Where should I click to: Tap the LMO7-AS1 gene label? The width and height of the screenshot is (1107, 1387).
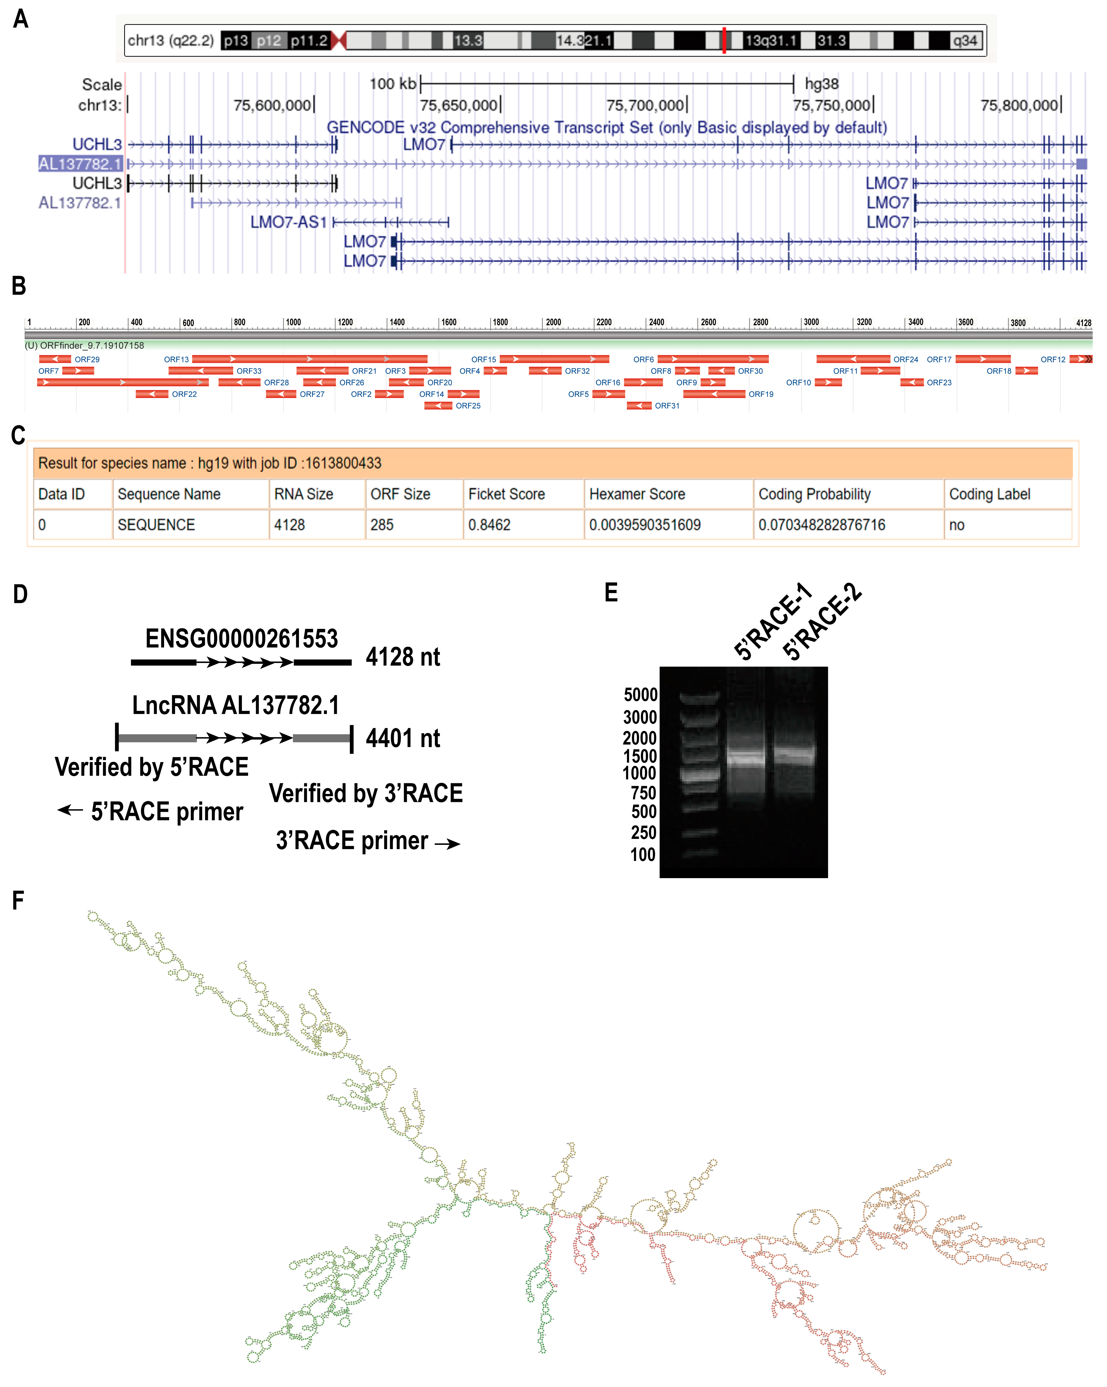point(288,223)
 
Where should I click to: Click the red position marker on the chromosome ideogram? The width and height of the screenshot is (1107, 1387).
point(724,41)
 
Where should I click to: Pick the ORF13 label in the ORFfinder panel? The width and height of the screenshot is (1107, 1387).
point(176,360)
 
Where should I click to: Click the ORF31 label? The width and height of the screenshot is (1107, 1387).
point(667,406)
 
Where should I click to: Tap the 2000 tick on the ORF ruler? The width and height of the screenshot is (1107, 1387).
point(553,322)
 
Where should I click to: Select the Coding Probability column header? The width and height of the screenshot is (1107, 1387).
point(814,494)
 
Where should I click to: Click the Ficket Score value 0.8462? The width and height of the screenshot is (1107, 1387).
point(489,525)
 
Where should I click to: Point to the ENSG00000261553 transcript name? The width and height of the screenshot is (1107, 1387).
point(241,639)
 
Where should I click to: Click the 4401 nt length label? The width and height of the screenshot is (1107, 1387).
point(403,739)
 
